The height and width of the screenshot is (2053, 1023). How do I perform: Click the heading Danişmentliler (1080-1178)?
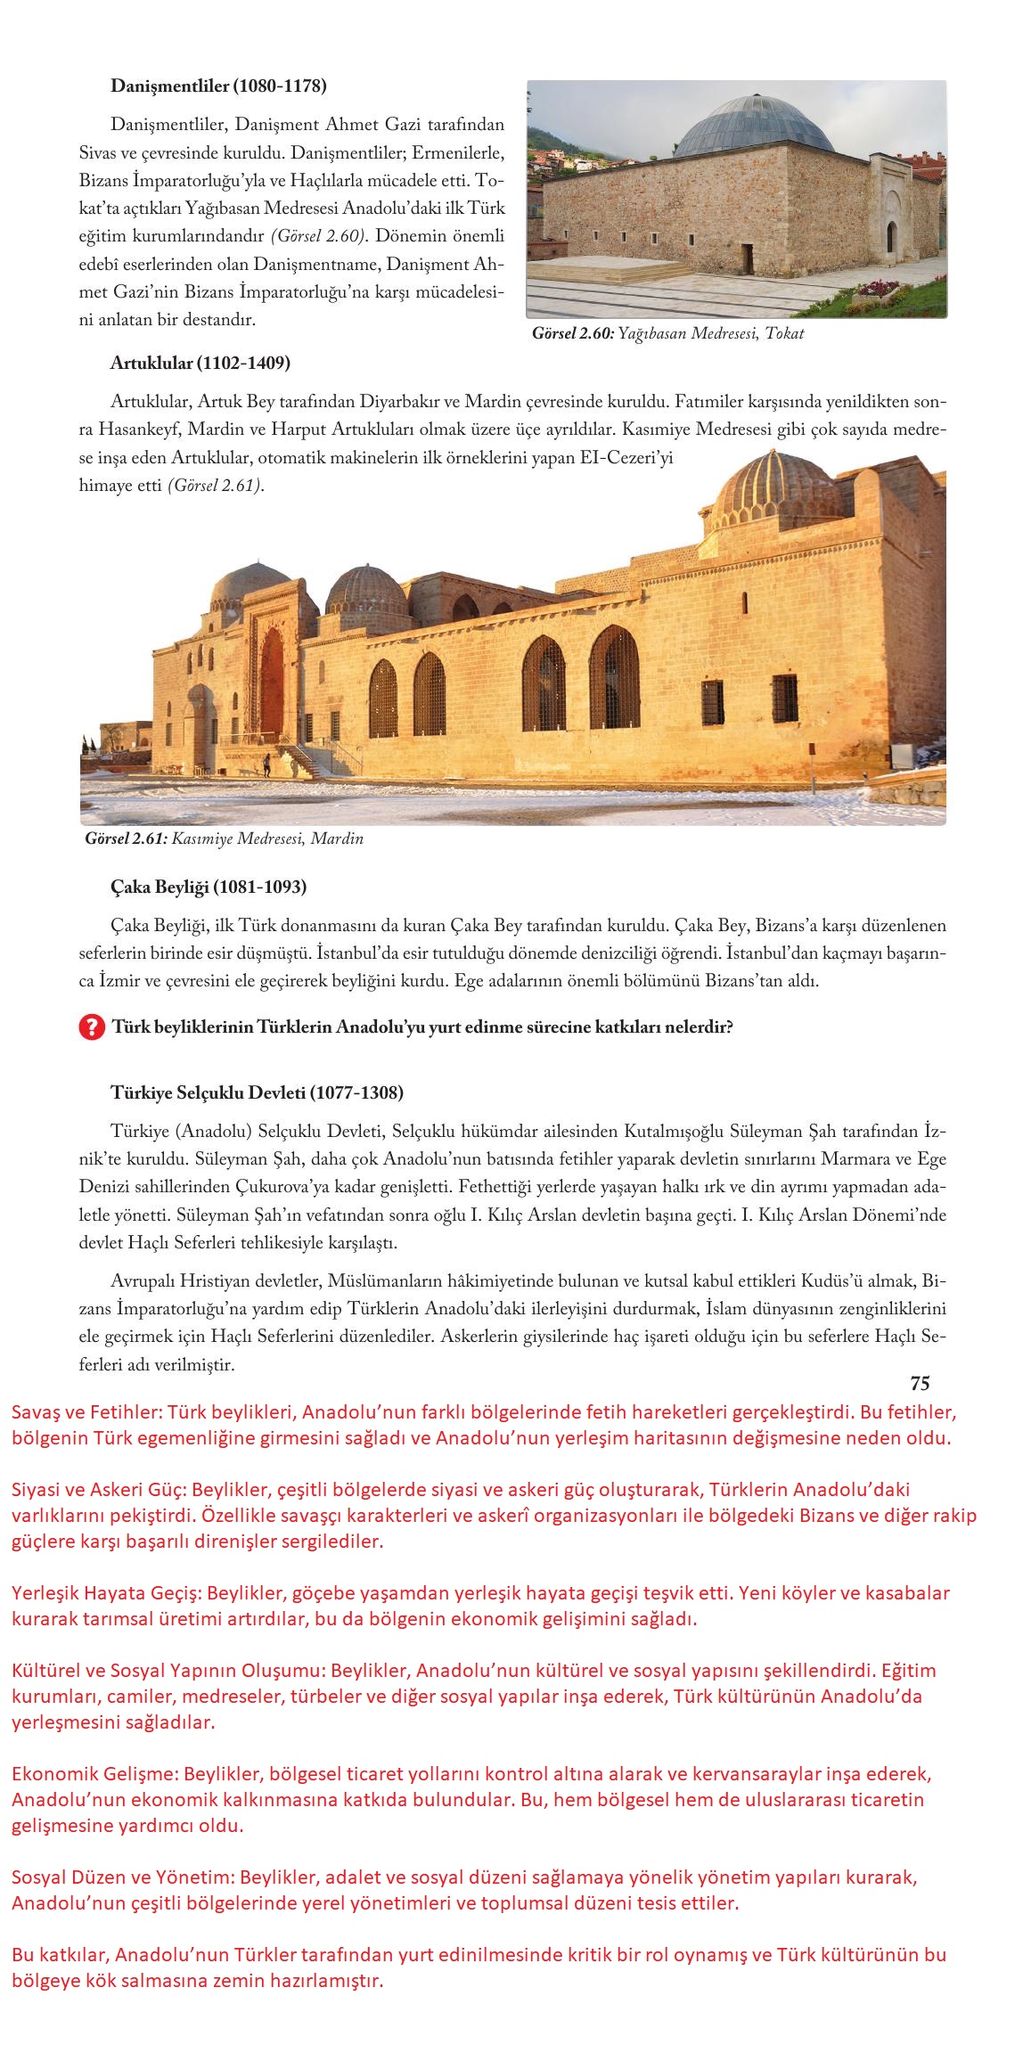coord(218,86)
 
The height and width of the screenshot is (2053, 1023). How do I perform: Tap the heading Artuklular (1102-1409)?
coord(201,364)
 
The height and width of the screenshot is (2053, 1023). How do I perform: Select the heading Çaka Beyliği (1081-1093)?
coord(209,887)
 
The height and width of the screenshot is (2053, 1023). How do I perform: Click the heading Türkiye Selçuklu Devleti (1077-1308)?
coord(257,1092)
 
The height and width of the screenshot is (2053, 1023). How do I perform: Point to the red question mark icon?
coord(91,1027)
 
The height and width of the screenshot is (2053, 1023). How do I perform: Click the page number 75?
coord(920,1383)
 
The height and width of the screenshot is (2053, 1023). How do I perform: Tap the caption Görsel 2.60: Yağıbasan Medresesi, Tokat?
coord(667,334)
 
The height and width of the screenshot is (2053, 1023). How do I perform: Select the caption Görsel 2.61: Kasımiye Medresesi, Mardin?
coord(224,838)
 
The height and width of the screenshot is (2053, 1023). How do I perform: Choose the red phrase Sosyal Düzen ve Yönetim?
coord(119,1853)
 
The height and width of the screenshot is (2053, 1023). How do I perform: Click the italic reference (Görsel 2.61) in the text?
coord(216,487)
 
